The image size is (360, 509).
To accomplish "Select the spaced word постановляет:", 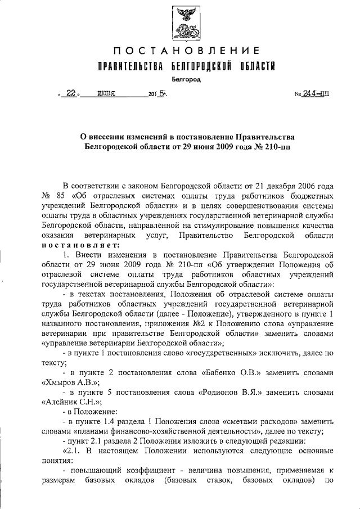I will [79, 246].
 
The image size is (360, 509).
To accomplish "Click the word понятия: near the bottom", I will [58, 463].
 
